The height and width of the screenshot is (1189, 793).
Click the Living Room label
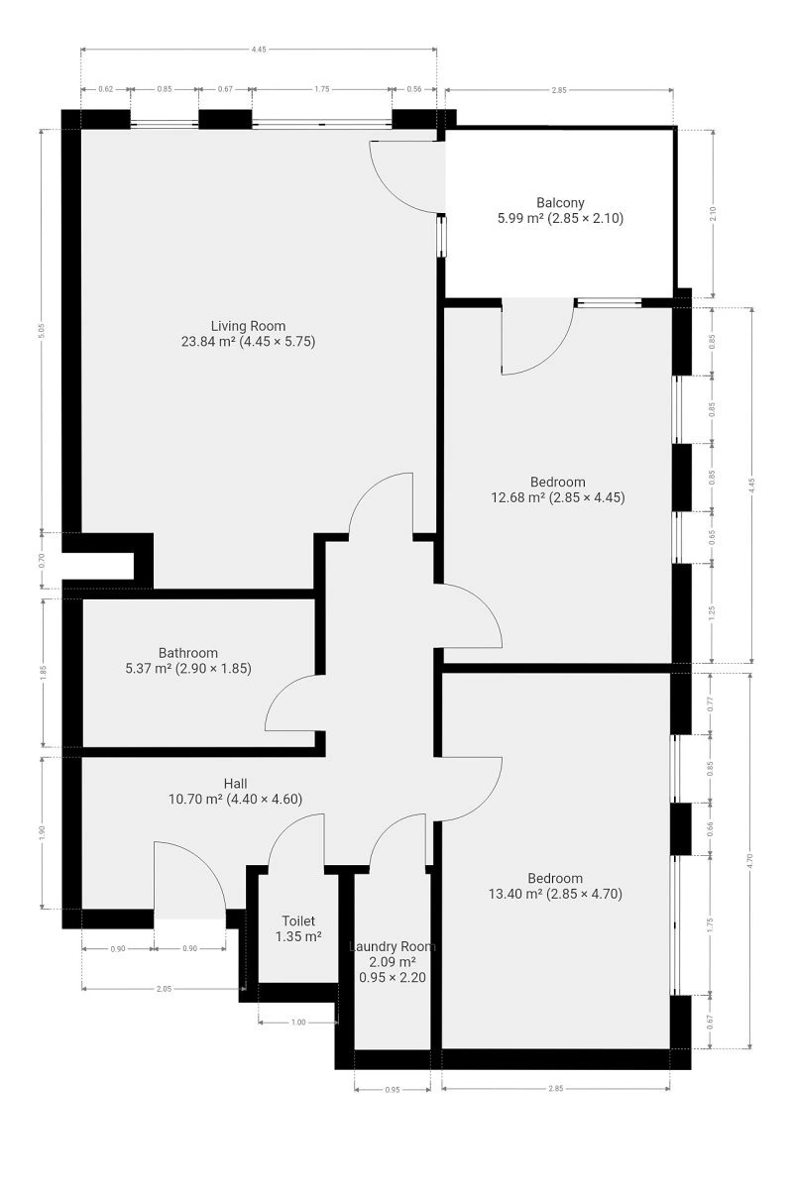coord(248,326)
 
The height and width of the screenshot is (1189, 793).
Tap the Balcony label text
coord(560,202)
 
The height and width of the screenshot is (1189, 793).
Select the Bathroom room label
coord(188,652)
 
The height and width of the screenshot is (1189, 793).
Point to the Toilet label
coord(298,920)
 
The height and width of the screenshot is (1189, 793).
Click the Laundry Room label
coord(393,946)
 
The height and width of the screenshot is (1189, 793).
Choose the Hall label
coord(235,784)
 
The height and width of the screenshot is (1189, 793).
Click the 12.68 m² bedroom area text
coord(558,497)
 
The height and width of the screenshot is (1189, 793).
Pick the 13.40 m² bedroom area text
coord(555,894)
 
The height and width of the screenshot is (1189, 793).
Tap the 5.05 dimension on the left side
coord(42,331)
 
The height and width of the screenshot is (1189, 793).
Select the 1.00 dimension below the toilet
coord(298,1023)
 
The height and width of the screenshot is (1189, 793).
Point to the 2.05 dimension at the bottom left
coord(165,989)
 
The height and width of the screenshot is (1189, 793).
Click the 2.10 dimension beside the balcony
coord(713,213)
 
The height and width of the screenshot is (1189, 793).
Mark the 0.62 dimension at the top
coord(106,89)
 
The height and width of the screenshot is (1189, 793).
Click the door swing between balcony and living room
coord(406,177)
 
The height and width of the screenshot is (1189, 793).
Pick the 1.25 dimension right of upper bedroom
coord(713,612)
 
